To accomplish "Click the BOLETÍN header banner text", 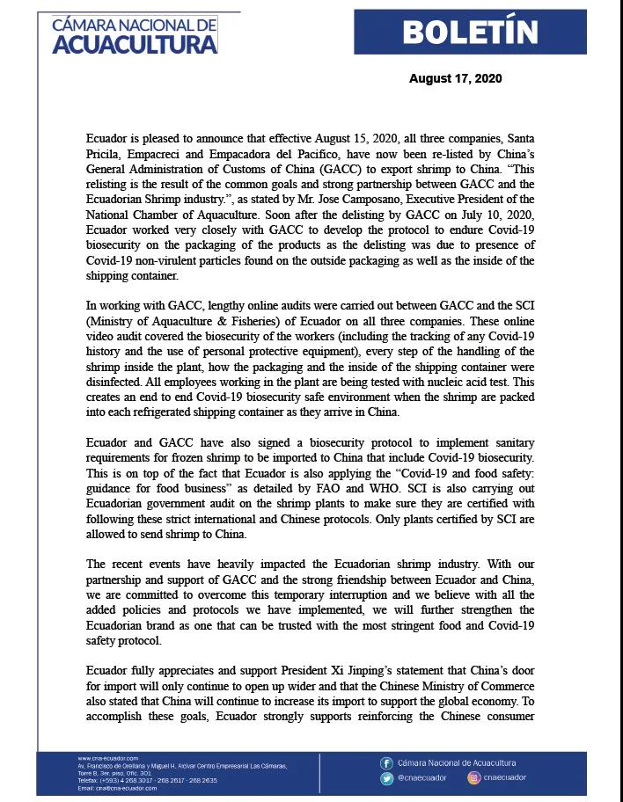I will pyautogui.click(x=470, y=32).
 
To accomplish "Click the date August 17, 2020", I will pyautogui.click(x=455, y=79).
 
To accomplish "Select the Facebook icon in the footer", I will pyautogui.click(x=386, y=763).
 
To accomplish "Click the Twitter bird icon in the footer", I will pyautogui.click(x=386, y=778).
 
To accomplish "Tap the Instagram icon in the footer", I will pyautogui.click(x=474, y=778).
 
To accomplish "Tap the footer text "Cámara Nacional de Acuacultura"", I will pyautogui.click(x=457, y=763).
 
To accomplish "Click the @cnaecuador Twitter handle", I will pyautogui.click(x=422, y=778).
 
